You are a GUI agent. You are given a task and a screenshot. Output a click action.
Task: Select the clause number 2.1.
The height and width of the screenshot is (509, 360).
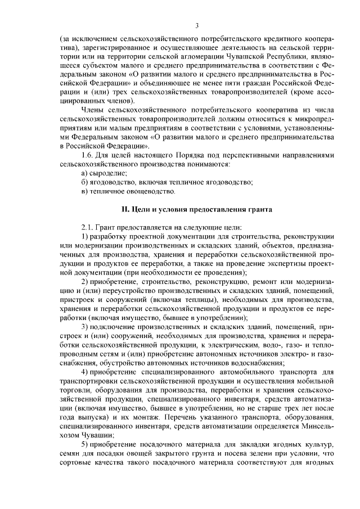coord(88,227)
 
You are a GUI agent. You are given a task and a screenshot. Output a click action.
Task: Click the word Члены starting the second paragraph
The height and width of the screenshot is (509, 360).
coord(93,109)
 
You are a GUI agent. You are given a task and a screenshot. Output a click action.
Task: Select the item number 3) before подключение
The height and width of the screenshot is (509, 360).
coord(85,328)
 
